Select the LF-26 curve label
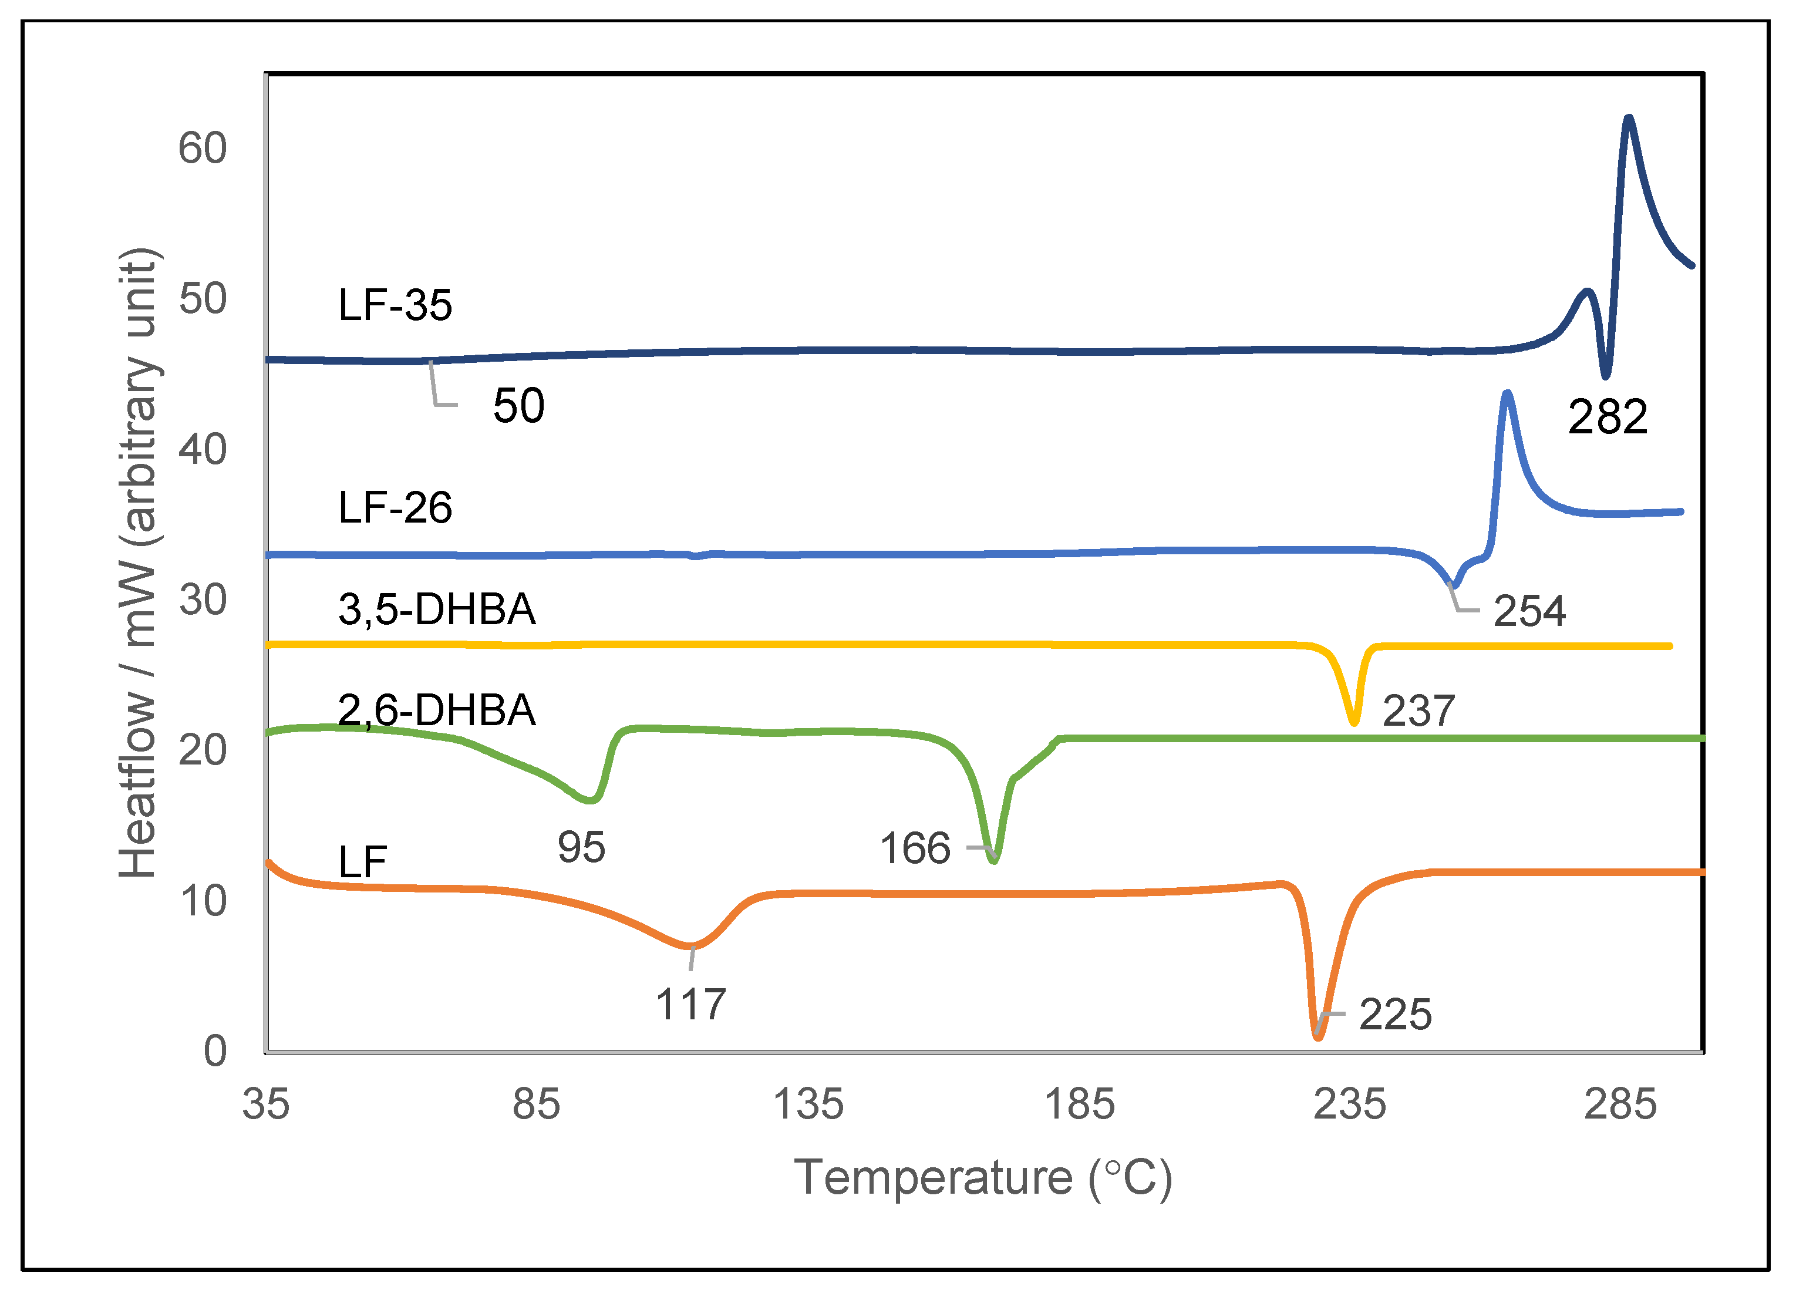(x=395, y=508)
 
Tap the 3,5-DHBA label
(x=436, y=609)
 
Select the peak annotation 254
(x=1528, y=611)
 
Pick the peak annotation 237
(x=1418, y=710)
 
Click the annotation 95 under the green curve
(x=581, y=847)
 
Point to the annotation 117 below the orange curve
(x=690, y=1004)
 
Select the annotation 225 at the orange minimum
(x=1396, y=1015)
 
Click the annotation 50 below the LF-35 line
(x=518, y=406)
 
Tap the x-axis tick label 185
(x=1079, y=1104)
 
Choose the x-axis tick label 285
(x=1620, y=1104)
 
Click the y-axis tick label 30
(x=202, y=600)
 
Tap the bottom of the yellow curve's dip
(x=1354, y=722)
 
